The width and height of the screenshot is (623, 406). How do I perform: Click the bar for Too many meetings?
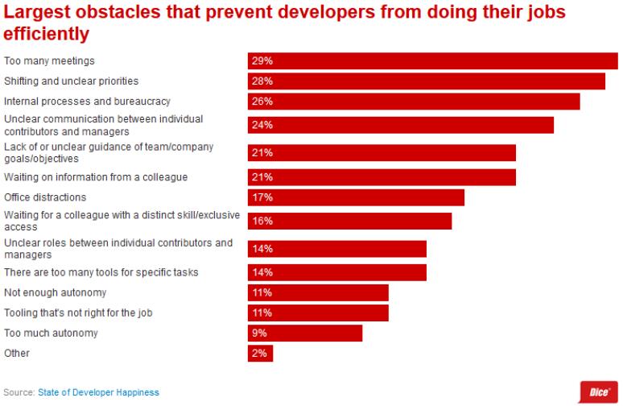tap(432, 61)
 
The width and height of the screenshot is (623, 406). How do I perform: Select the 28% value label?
tap(262, 81)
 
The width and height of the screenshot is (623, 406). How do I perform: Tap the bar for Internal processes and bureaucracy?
tap(414, 101)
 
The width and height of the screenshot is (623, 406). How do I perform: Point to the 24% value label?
tap(262, 125)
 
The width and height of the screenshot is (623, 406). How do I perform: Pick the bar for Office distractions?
tap(356, 197)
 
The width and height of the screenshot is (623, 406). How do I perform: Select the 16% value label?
tap(262, 221)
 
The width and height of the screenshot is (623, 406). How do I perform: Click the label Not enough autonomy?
tap(56, 292)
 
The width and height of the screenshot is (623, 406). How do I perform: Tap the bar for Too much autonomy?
tap(305, 333)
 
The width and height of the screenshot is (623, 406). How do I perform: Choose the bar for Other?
tap(260, 353)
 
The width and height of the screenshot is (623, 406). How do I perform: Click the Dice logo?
tap(598, 391)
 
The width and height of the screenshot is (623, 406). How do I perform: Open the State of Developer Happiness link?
tap(98, 392)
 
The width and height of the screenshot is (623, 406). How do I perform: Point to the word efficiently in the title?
tap(47, 35)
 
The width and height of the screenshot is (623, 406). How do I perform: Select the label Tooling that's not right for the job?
tap(78, 313)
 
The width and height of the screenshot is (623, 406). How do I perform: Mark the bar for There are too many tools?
tap(336, 272)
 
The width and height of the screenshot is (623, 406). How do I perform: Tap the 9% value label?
tap(260, 333)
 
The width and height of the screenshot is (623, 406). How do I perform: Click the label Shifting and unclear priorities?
tap(72, 81)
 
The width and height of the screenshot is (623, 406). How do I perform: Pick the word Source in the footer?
tap(19, 392)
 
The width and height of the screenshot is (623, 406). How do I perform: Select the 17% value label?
tap(262, 197)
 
